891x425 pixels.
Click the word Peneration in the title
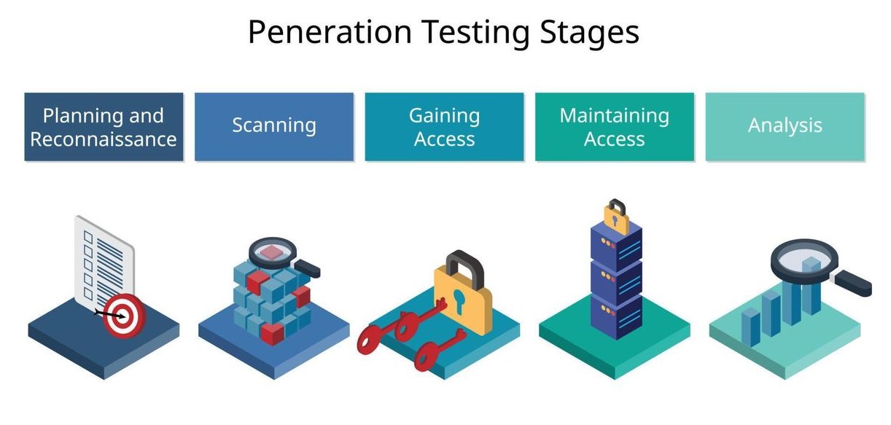click(330, 32)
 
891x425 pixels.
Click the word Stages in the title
click(589, 33)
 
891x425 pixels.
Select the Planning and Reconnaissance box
click(104, 127)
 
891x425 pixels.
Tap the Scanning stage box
click(274, 127)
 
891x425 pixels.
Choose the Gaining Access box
click(444, 127)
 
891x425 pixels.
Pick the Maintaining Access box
click(615, 127)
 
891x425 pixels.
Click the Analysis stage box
click(785, 127)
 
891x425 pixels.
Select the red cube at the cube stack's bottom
click(272, 333)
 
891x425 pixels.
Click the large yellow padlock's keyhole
click(459, 301)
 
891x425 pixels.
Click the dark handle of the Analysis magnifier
click(852, 283)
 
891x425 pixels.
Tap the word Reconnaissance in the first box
click(104, 139)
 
